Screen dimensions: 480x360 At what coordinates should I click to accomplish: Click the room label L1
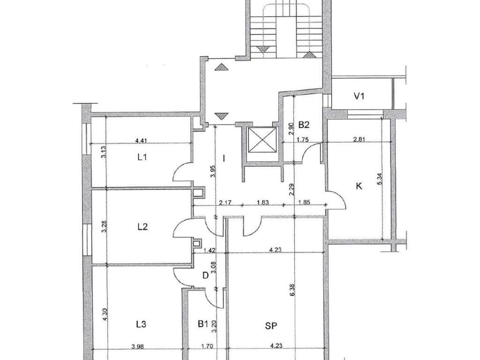(x=142, y=157)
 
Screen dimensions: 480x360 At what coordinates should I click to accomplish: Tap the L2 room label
(x=142, y=227)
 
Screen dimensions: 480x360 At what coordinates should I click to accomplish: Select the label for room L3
(x=141, y=324)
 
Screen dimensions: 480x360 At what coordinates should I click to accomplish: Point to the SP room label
(x=271, y=326)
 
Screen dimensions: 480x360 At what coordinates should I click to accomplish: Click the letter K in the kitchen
(x=359, y=186)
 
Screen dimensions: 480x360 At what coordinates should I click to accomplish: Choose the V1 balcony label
(x=359, y=97)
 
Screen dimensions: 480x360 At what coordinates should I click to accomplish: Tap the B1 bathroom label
(x=202, y=323)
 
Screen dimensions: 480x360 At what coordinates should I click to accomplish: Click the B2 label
(x=304, y=125)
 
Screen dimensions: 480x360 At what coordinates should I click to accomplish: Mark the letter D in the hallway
(x=206, y=276)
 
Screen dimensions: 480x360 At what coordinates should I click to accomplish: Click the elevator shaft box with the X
(x=262, y=140)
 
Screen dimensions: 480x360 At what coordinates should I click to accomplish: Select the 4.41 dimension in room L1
(x=141, y=141)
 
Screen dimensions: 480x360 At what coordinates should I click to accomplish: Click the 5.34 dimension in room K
(x=381, y=179)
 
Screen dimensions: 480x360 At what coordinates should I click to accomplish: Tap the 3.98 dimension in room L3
(x=137, y=346)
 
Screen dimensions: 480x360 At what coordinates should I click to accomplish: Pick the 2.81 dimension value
(x=359, y=140)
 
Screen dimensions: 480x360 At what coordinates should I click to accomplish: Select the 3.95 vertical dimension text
(x=213, y=172)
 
